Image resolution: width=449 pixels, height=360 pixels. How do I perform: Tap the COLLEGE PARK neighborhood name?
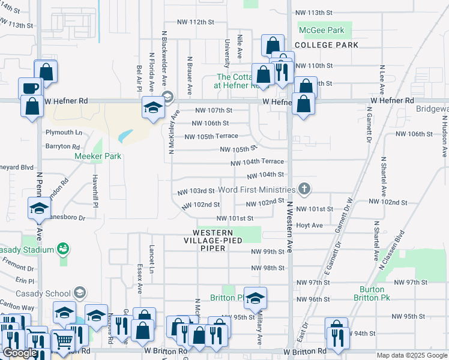click(x=326, y=45)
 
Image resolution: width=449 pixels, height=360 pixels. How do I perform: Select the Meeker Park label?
click(x=98, y=157)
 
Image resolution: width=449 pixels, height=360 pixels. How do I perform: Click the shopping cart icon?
click(x=63, y=341)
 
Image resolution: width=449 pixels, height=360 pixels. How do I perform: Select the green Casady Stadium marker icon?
click(x=62, y=248)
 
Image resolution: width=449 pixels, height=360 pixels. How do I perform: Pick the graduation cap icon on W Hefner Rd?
click(x=153, y=109)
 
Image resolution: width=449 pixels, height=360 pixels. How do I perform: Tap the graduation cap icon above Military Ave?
click(x=255, y=298)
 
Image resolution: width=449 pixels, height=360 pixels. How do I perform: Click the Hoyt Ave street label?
click(x=310, y=226)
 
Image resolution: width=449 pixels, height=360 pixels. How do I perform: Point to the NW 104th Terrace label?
click(x=257, y=162)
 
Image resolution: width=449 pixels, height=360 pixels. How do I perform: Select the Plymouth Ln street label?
click(x=63, y=132)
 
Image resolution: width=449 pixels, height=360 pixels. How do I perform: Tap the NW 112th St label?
click(x=196, y=22)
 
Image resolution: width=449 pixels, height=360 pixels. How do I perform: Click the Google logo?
click(x=19, y=353)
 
